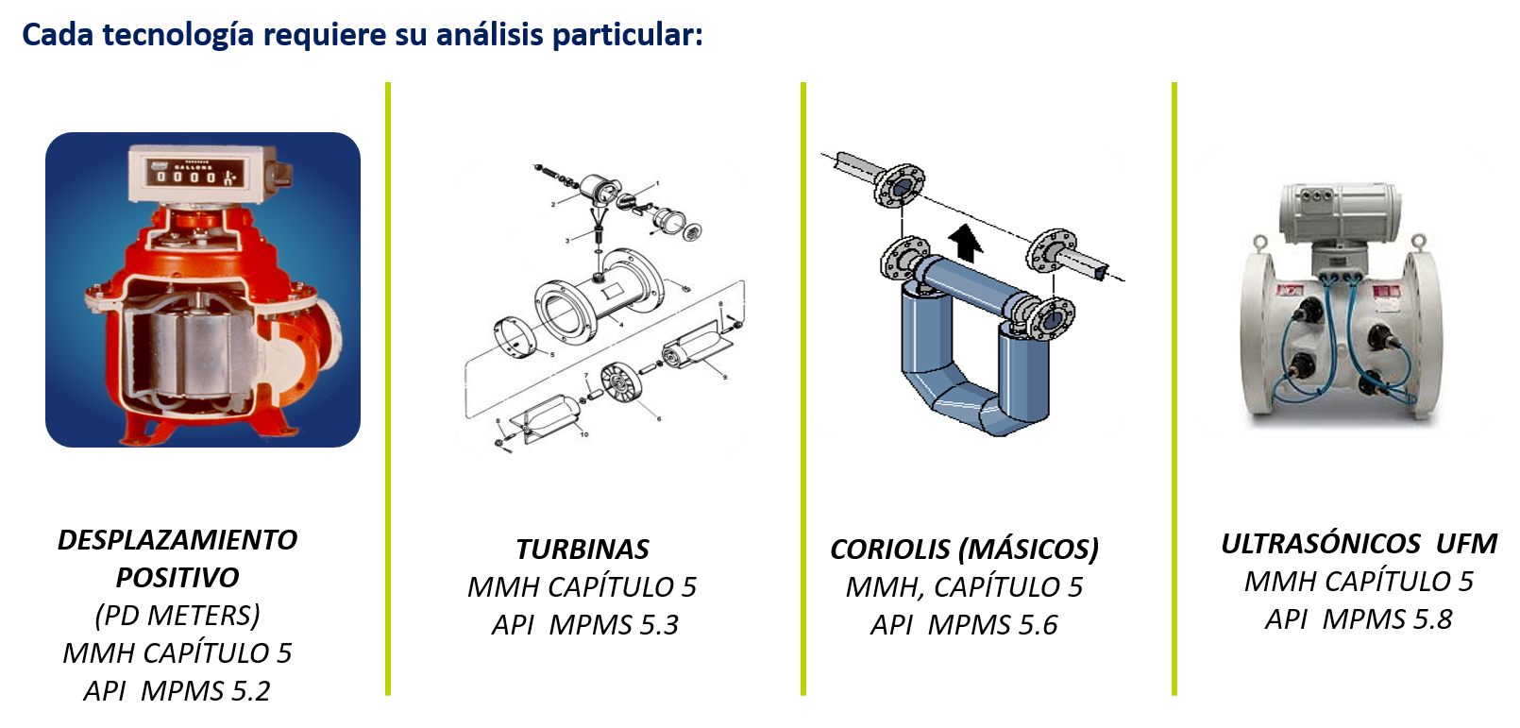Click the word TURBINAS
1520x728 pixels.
point(583,550)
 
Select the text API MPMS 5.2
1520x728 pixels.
point(177,690)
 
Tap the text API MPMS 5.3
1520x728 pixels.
point(585,625)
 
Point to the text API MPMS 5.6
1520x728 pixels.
point(964,625)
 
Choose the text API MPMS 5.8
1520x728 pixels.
point(1359,619)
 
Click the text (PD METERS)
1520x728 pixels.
point(177,616)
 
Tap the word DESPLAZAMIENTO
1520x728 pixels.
point(177,540)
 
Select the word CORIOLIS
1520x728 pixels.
point(889,550)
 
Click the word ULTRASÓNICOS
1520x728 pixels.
point(1321,544)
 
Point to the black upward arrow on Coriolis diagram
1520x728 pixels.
point(965,244)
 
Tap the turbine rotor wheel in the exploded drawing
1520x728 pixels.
point(620,381)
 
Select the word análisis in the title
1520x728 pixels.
point(490,35)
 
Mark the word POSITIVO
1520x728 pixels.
point(177,578)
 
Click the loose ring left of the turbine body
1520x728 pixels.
point(515,336)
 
